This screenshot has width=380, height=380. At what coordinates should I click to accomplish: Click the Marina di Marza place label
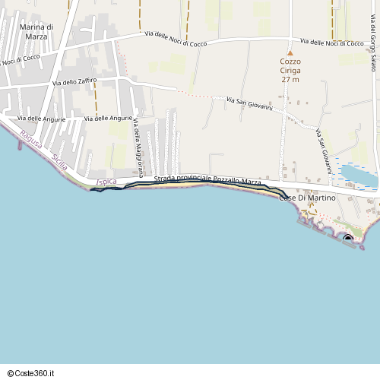point(34,31)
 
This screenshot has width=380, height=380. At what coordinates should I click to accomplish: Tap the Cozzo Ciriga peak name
point(290,65)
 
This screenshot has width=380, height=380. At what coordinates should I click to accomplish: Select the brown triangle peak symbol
point(290,53)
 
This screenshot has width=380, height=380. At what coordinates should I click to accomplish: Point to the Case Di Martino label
point(308,198)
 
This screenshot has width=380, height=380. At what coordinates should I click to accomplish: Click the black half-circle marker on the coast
point(348,240)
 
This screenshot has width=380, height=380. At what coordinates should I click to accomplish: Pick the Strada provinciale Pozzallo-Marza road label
point(207,180)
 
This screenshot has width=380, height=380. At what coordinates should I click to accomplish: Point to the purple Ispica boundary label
point(107,182)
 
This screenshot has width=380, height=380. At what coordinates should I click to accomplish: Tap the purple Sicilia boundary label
point(61,162)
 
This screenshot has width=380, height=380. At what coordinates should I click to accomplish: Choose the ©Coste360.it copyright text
point(31,372)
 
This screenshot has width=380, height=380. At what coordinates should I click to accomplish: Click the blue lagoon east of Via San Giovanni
point(356,174)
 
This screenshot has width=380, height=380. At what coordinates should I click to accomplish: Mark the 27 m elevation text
point(290,79)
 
